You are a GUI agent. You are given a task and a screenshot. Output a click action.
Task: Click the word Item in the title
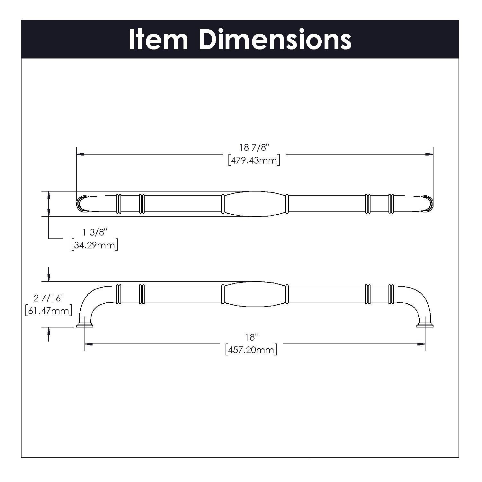pos(158,40)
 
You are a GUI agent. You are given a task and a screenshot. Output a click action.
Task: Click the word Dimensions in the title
pos(275,40)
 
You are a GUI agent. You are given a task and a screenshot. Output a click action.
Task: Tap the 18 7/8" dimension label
pos(254,147)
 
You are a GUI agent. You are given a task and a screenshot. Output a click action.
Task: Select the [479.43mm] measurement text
pos(254,160)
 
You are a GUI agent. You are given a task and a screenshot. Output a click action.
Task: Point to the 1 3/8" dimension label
pos(94,232)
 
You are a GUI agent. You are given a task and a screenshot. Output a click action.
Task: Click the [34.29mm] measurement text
pos(94,245)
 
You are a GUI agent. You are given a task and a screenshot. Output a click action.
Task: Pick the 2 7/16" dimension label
pos(48,298)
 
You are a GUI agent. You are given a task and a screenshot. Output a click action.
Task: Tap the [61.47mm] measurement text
pos(48,311)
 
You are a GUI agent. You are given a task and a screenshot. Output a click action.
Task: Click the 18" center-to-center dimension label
pos(252,337)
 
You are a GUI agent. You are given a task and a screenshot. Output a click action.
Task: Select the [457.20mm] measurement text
pos(251,350)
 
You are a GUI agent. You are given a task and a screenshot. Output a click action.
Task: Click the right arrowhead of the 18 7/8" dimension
pos(429,154)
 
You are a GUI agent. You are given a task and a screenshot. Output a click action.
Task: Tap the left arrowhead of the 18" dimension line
pos(88,344)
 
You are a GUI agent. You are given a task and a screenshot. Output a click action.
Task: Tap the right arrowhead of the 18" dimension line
pos(421,344)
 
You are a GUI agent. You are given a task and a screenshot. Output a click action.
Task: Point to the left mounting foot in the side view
pos(85,325)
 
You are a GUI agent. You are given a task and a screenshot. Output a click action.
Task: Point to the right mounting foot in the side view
pos(425,325)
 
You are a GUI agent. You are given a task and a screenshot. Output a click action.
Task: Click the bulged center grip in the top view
pos(254,204)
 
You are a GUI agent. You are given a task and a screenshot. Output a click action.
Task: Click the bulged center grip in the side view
pos(254,294)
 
